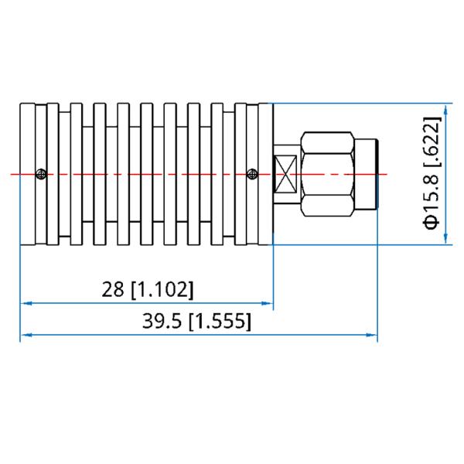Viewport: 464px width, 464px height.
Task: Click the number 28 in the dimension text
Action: pyautogui.click(x=114, y=290)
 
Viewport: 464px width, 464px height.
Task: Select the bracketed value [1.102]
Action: pyautogui.click(x=162, y=290)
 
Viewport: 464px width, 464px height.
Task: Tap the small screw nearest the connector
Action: pyautogui.click(x=251, y=174)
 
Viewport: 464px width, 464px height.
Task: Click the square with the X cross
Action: pyautogui.click(x=287, y=174)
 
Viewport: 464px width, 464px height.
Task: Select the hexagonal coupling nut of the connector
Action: pyautogui.click(x=328, y=174)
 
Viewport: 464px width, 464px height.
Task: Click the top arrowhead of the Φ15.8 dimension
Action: pyautogui.click(x=447, y=107)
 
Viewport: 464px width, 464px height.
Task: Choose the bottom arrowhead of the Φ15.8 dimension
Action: pyautogui.click(x=447, y=241)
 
